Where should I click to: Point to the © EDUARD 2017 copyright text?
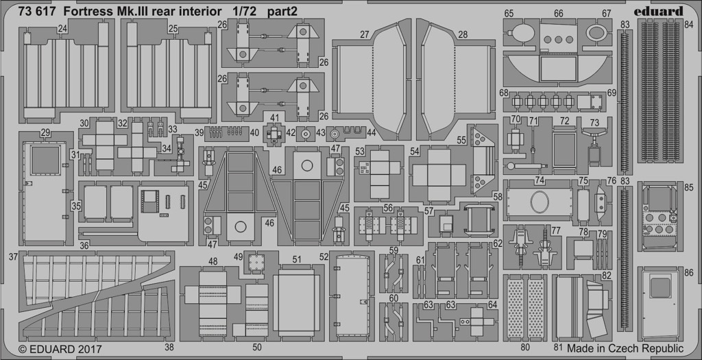pyautogui.click(x=60, y=348)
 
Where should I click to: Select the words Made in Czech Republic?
pyautogui.click(x=625, y=348)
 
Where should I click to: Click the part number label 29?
pyautogui.click(x=45, y=133)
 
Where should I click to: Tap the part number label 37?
pyautogui.click(x=13, y=256)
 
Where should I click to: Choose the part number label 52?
pyautogui.click(x=324, y=256)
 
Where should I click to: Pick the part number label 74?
pyautogui.click(x=540, y=180)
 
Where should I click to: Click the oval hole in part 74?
pyautogui.click(x=540, y=202)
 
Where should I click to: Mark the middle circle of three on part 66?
pyautogui.click(x=558, y=40)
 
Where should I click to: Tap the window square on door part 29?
pyautogui.click(x=45, y=160)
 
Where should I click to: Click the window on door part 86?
pyautogui.click(x=660, y=287)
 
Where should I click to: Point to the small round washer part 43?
pyautogui.click(x=306, y=134)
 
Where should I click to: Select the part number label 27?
pyautogui.click(x=365, y=34)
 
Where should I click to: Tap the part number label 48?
pyautogui.click(x=213, y=261)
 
